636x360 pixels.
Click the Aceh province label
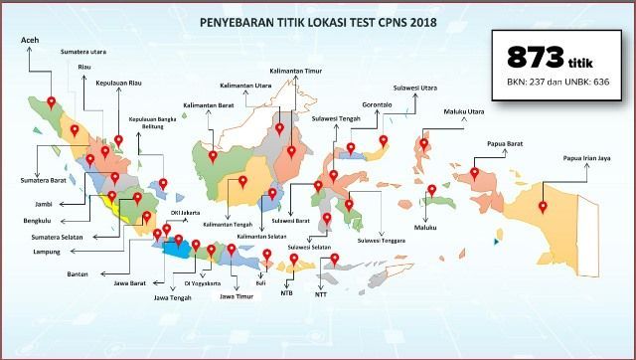(x=32, y=40)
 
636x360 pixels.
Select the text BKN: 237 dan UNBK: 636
(x=556, y=83)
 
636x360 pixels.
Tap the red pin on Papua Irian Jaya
(x=544, y=207)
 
